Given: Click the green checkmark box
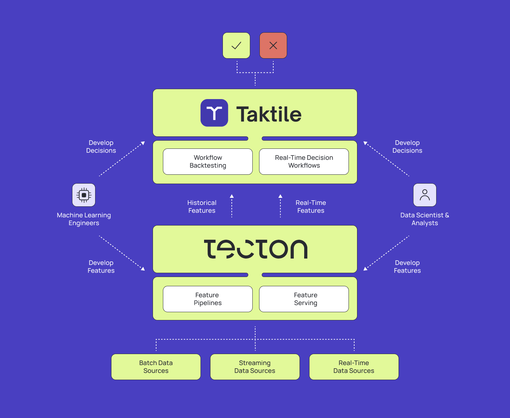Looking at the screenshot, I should (236, 45).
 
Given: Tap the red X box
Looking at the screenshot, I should (273, 45).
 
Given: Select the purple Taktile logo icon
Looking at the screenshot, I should (214, 113).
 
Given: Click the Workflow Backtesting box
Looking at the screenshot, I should (208, 162).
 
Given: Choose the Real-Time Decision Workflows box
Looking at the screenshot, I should (304, 162).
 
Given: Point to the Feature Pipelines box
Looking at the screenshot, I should (208, 299).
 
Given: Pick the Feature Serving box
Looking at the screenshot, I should (304, 299).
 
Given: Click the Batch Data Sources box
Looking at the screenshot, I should (156, 367).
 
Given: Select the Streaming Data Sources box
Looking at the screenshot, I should (255, 367).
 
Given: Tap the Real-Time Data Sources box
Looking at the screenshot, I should (354, 367).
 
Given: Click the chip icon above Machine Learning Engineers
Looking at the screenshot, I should (84, 195).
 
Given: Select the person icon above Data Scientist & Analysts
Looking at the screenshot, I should (425, 195).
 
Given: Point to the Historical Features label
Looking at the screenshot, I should (202, 207).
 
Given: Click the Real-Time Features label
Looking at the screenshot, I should (311, 207).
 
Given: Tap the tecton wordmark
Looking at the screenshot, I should (256, 249).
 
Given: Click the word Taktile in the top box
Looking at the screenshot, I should (269, 114).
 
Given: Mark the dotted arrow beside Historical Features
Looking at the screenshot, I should (232, 206).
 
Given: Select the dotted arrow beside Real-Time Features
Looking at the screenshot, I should (280, 206).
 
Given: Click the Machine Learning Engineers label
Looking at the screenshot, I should (84, 219).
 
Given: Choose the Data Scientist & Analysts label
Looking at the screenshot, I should (425, 219).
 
